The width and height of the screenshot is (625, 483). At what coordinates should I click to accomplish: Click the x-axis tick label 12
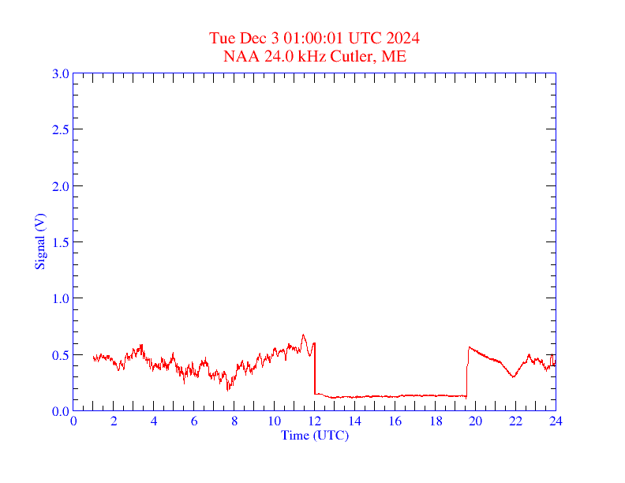tap(315, 421)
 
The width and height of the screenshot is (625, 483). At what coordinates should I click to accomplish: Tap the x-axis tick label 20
tap(475, 421)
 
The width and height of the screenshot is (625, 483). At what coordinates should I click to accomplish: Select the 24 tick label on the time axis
tap(556, 421)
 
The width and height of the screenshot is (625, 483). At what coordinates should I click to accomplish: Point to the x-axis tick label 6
tap(194, 421)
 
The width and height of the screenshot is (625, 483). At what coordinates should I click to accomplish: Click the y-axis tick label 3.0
tap(60, 73)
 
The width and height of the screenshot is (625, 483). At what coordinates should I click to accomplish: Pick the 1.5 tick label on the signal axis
tap(60, 242)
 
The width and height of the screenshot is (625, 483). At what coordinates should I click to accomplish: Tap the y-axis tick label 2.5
tap(60, 129)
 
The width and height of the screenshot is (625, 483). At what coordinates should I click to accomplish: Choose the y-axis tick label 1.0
tap(60, 298)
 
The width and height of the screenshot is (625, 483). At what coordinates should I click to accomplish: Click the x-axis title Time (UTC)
tap(315, 435)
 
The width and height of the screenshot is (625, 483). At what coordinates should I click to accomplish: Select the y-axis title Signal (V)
tap(39, 242)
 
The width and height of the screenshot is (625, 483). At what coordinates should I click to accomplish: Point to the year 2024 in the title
tap(402, 38)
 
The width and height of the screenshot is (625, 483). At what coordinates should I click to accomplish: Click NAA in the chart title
tap(238, 56)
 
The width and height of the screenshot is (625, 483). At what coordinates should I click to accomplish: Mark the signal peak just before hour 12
tap(303, 335)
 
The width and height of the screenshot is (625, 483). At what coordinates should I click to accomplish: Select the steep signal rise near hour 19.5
tap(467, 371)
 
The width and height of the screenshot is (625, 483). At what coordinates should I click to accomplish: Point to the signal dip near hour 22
tap(513, 376)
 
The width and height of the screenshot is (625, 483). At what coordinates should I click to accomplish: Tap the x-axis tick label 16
tap(395, 421)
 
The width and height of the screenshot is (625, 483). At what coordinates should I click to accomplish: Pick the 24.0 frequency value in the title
tap(273, 56)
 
